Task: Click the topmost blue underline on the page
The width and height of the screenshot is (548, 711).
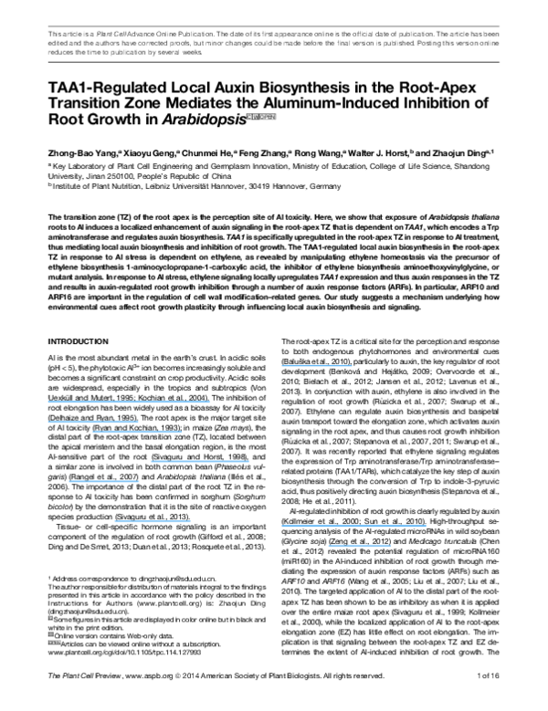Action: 317,366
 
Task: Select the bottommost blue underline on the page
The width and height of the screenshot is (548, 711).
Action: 360,546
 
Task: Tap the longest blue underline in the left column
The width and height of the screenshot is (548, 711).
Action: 129,401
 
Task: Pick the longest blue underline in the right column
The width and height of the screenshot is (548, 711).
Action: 353,526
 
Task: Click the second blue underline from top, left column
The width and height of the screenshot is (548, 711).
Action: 93,422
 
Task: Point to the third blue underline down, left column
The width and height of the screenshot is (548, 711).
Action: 137,432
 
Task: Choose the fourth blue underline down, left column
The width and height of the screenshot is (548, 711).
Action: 200,462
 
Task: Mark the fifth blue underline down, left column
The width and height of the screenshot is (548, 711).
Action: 104,481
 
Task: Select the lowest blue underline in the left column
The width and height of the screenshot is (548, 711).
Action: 153,522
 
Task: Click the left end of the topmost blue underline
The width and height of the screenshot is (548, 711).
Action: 282,366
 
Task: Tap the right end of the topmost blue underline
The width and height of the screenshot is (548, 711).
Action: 352,366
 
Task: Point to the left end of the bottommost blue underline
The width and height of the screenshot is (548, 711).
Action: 329,546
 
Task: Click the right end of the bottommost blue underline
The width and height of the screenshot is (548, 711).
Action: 390,546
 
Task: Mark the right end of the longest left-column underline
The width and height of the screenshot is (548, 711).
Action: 209,401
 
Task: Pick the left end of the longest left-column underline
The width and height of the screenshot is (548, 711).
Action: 48,401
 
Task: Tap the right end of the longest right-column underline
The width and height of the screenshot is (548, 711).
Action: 426,526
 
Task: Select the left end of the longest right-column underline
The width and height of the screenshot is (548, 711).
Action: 282,526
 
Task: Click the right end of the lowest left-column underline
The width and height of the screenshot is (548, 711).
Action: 191,522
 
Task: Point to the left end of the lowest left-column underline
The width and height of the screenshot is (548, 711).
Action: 115,522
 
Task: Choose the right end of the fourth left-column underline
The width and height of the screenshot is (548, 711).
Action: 248,462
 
